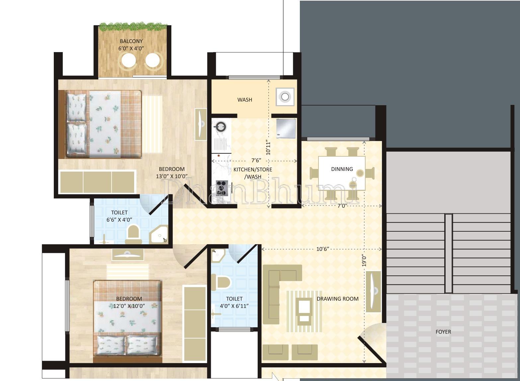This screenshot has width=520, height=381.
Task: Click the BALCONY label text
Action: click(131, 41)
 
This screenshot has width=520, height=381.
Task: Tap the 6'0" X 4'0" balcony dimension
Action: click(131, 48)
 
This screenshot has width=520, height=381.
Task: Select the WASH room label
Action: click(245, 100)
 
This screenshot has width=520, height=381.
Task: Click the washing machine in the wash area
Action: click(285, 97)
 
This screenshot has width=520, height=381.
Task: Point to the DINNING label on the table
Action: click(342, 169)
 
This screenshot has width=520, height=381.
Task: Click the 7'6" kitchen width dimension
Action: click(256, 160)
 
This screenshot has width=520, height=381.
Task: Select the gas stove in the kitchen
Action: click(222, 188)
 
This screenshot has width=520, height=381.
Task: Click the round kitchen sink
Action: click(219, 127)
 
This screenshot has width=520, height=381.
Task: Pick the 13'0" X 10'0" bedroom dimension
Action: click(172, 176)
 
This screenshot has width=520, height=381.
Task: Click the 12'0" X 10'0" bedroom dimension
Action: click(129, 306)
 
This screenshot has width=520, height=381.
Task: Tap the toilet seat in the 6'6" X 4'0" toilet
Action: click(133, 234)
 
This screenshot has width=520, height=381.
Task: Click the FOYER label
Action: click(443, 332)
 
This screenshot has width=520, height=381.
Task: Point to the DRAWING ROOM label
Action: click(338, 299)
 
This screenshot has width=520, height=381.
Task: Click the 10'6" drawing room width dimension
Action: click(323, 249)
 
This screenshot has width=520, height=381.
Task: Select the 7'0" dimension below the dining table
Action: click(342, 206)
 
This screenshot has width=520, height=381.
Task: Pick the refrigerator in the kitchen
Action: click(286, 128)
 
